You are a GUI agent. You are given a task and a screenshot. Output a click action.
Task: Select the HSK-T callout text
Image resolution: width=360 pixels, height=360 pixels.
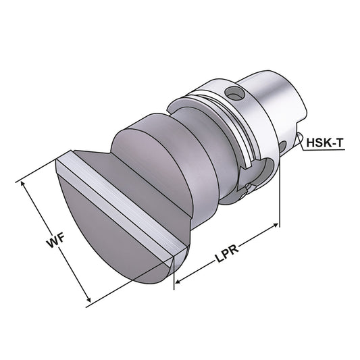tap(326, 143)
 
